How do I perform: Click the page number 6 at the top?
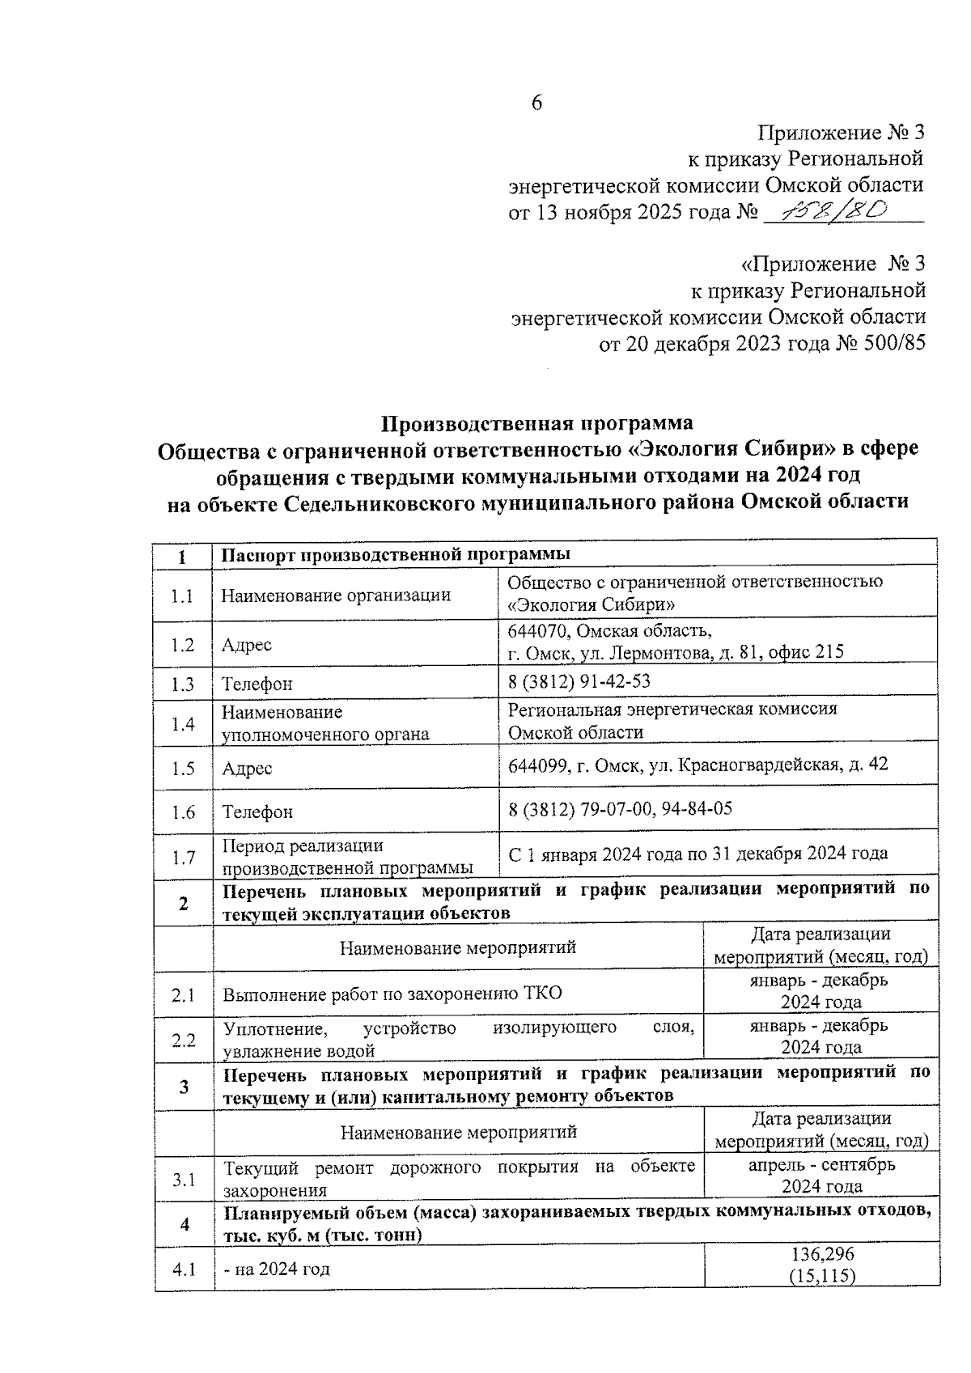click(x=536, y=103)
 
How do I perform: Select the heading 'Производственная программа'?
click(x=537, y=423)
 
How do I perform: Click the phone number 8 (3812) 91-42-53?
click(x=579, y=681)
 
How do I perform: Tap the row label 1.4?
click(x=184, y=723)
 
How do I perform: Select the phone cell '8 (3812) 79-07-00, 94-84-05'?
click(x=620, y=807)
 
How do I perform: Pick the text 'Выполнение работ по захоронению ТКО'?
click(x=392, y=994)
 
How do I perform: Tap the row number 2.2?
click(x=184, y=1040)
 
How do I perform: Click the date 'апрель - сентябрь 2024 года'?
click(x=820, y=1176)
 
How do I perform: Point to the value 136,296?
click(x=821, y=1253)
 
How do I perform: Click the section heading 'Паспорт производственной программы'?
click(x=396, y=554)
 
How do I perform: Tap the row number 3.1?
click(x=184, y=1179)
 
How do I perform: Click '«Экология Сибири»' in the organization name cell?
click(x=592, y=604)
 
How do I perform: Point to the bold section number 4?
click(x=184, y=1224)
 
